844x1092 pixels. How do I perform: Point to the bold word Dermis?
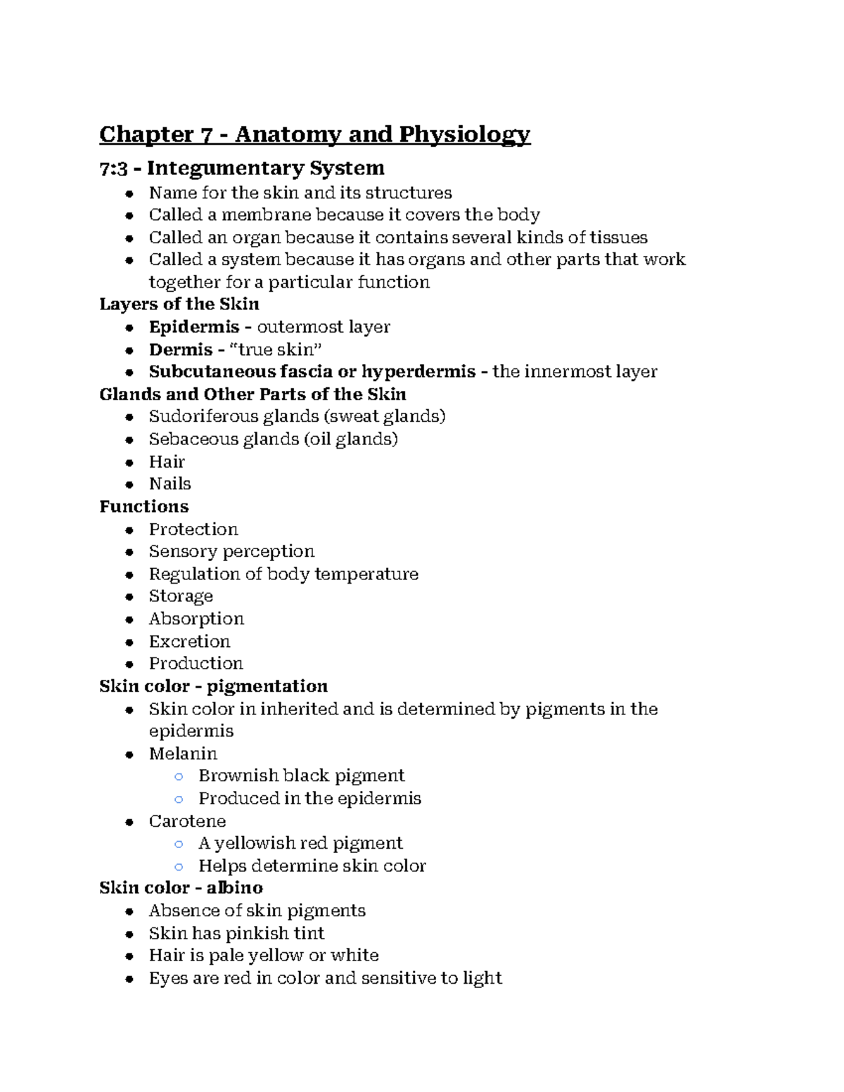point(180,349)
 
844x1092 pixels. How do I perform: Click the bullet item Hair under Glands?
point(167,462)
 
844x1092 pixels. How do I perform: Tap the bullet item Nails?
point(170,484)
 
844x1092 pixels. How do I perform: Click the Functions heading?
point(144,507)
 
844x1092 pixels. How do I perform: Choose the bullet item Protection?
point(193,529)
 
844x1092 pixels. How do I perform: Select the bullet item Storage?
point(181,596)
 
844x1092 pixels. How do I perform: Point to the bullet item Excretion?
point(189,641)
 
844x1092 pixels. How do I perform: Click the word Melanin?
point(183,754)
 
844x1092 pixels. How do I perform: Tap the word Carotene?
point(187,821)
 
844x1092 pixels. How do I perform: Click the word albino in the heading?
point(235,888)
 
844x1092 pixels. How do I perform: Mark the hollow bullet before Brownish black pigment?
point(179,777)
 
